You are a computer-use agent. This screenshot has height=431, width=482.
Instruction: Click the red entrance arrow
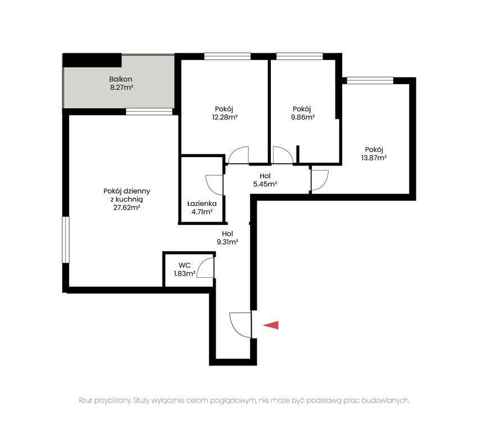coord(271,325)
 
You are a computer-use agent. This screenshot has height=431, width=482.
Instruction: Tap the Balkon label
coord(120,79)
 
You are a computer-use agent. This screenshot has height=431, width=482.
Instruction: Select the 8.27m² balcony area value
coord(121,88)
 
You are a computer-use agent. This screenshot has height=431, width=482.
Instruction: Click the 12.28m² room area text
coord(225,117)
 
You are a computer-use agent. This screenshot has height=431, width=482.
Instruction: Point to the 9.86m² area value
coord(303,117)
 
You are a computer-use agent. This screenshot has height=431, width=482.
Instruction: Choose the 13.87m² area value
coord(374,158)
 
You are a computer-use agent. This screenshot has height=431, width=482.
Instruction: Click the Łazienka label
coord(202,204)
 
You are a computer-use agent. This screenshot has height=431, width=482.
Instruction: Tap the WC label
coord(184,265)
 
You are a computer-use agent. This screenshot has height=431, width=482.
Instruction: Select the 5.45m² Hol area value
coord(265,184)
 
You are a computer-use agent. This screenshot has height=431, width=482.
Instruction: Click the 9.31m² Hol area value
coord(228,242)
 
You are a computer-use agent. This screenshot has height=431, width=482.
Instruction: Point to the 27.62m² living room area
coord(126,208)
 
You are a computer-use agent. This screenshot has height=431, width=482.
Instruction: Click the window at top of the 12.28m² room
coord(228,56)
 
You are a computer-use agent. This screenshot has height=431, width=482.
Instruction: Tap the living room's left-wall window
coord(66,240)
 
